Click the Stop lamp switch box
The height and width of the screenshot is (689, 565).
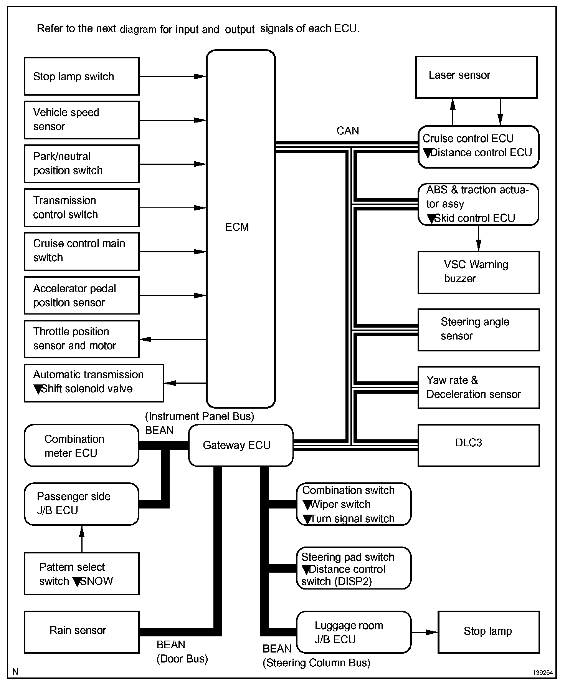pyautogui.click(x=81, y=76)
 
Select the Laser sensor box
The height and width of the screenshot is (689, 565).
pyautogui.click(x=476, y=77)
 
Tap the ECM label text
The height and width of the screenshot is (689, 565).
pyautogui.click(x=237, y=227)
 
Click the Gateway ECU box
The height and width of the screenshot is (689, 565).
pyautogui.click(x=240, y=445)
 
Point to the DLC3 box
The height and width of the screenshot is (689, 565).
pyautogui.click(x=478, y=445)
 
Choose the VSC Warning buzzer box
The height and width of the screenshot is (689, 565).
pyautogui.click(x=478, y=272)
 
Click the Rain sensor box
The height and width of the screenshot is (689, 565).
pyautogui.click(x=81, y=632)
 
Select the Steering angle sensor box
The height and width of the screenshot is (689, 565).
pyautogui.click(x=478, y=330)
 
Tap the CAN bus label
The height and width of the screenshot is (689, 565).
pyautogui.click(x=347, y=131)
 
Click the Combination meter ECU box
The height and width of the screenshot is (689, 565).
pyautogui.click(x=81, y=446)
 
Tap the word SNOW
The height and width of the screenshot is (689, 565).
pyautogui.click(x=97, y=581)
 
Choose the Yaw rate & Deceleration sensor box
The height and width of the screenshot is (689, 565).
pyautogui.click(x=478, y=387)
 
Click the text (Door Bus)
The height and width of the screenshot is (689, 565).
pyautogui.click(x=182, y=659)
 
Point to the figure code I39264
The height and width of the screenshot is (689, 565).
pyautogui.click(x=543, y=672)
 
